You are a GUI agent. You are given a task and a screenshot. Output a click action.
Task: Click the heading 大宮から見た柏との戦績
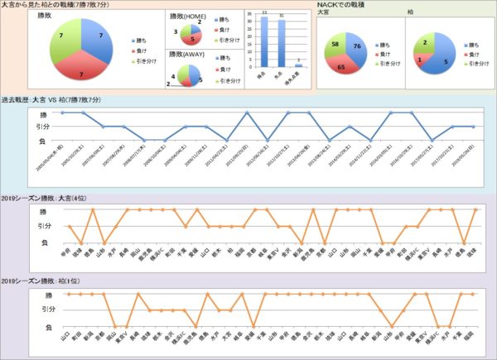pos(58,6)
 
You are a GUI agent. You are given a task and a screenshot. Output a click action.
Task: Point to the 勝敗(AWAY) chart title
pos(187,54)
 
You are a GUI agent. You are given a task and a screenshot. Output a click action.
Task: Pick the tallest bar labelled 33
pos(263,41)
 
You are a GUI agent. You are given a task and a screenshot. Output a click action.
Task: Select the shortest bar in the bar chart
pos(299,65)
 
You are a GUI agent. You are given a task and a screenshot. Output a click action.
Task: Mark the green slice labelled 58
pos(337,46)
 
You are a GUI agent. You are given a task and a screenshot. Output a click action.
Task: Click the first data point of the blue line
pos(62,113)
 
